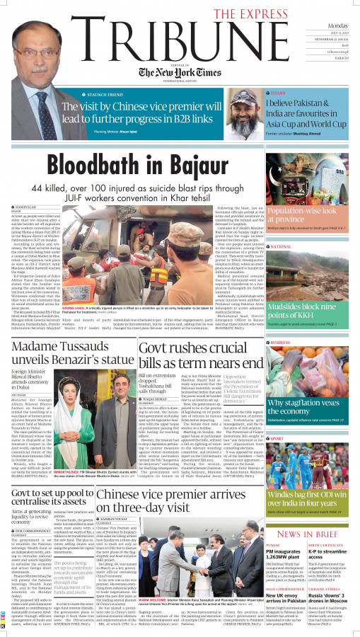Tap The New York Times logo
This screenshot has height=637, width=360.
click(x=175, y=73)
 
